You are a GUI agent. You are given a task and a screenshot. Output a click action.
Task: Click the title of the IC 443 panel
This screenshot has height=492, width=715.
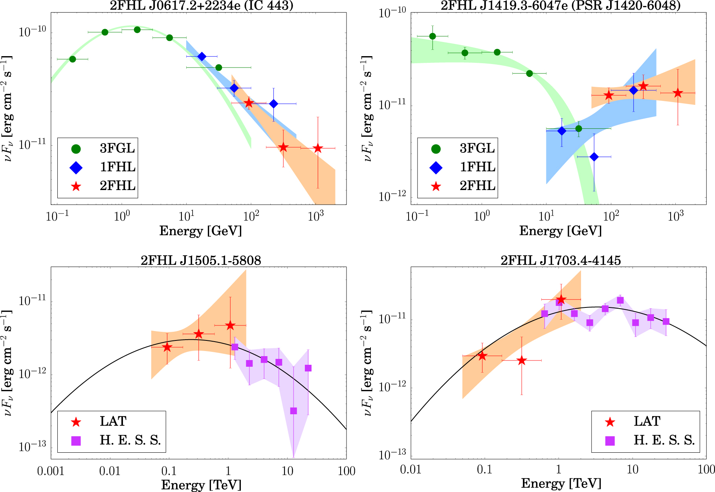pyautogui.click(x=201, y=5)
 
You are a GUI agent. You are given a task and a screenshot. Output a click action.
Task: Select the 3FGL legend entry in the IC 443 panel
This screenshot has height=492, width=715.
pyautogui.click(x=117, y=148)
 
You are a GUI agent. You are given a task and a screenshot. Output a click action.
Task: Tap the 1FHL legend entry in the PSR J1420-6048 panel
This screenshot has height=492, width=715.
pyautogui.click(x=477, y=167)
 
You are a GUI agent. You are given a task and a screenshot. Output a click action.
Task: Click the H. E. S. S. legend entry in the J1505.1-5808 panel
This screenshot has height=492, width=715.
pyautogui.click(x=130, y=440)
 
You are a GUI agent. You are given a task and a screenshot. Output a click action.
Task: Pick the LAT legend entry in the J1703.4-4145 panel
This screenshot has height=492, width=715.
pyautogui.click(x=647, y=421)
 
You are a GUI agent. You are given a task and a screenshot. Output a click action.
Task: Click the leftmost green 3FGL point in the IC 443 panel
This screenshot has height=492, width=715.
pyautogui.click(x=72, y=59)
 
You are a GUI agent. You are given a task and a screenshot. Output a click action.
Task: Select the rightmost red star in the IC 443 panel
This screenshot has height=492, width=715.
pyautogui.click(x=318, y=148)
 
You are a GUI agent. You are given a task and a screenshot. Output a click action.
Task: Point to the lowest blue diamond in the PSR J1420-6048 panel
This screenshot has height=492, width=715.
pyautogui.click(x=594, y=157)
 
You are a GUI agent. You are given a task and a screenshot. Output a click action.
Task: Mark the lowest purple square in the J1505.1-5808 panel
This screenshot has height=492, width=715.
pyautogui.click(x=293, y=411)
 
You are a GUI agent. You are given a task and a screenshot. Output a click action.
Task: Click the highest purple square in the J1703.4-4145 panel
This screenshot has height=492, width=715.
pyautogui.click(x=620, y=300)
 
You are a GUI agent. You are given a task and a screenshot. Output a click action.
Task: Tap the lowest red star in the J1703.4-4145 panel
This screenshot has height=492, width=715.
pyautogui.click(x=521, y=360)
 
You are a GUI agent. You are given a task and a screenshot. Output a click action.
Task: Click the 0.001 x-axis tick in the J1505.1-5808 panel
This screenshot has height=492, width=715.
pyautogui.click(x=51, y=471)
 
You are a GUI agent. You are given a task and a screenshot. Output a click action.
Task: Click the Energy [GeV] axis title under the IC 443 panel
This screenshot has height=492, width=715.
pyautogui.click(x=200, y=231)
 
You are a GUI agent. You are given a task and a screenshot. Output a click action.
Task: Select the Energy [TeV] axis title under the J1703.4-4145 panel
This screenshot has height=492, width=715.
pyautogui.click(x=561, y=483)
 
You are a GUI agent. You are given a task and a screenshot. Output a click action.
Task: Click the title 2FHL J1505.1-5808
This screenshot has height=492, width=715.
pyautogui.click(x=201, y=260)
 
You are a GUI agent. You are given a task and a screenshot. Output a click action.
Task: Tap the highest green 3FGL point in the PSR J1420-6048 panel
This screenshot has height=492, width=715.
pyautogui.click(x=433, y=37)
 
